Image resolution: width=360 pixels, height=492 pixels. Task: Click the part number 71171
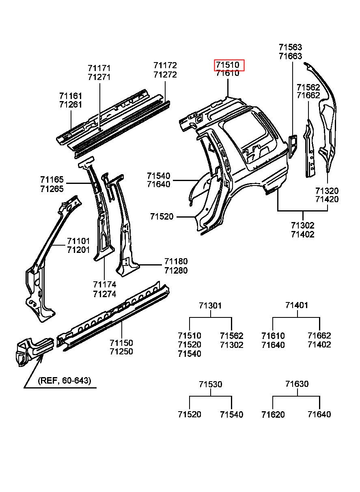pos(99,68)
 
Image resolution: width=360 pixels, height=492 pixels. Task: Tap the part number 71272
pos(165,75)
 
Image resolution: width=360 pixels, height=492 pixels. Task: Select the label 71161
pos(71,96)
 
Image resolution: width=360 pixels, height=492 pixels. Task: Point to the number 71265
pos(52,188)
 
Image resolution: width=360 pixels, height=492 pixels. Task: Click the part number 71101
pos(78,241)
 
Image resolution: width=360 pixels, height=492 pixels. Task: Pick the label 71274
pos(104,294)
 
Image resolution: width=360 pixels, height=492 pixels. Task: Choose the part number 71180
pos(176,261)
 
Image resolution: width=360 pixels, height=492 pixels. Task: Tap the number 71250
pos(121,352)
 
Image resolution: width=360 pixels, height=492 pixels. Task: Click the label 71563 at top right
pos(290,47)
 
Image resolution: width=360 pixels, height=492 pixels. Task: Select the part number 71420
pos(327,199)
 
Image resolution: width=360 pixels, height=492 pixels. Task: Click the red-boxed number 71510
pos(229,65)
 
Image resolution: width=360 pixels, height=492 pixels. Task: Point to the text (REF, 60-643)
pos(65,381)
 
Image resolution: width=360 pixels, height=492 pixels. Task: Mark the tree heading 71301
pos(210,305)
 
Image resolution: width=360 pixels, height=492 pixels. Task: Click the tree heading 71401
pos(296,305)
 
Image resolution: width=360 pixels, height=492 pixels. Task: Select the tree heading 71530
pos(210,384)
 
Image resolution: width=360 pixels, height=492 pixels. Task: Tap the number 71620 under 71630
pos(273,414)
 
